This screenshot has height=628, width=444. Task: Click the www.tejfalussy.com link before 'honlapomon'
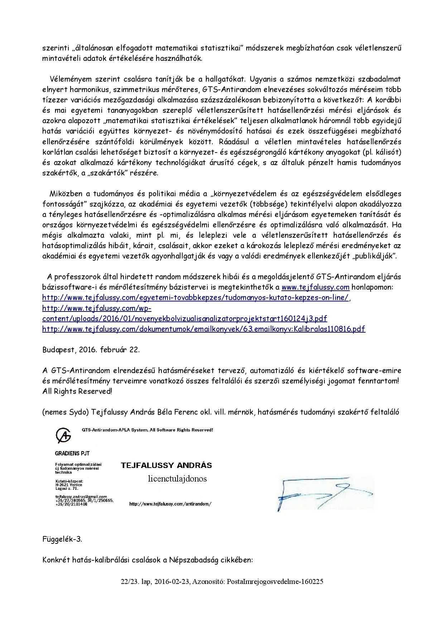point(315,287)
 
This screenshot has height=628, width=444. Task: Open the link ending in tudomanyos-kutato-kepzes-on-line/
point(196,298)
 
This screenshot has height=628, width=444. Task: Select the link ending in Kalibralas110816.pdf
point(203,329)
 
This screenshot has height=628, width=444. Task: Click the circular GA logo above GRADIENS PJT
point(63,435)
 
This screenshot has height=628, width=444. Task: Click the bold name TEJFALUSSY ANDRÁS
point(166,465)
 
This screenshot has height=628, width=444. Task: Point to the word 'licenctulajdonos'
point(177,479)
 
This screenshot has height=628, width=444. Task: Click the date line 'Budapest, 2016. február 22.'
point(91,350)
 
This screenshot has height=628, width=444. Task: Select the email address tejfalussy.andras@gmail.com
point(81,497)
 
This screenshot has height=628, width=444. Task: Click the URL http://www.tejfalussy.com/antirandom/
point(170,504)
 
